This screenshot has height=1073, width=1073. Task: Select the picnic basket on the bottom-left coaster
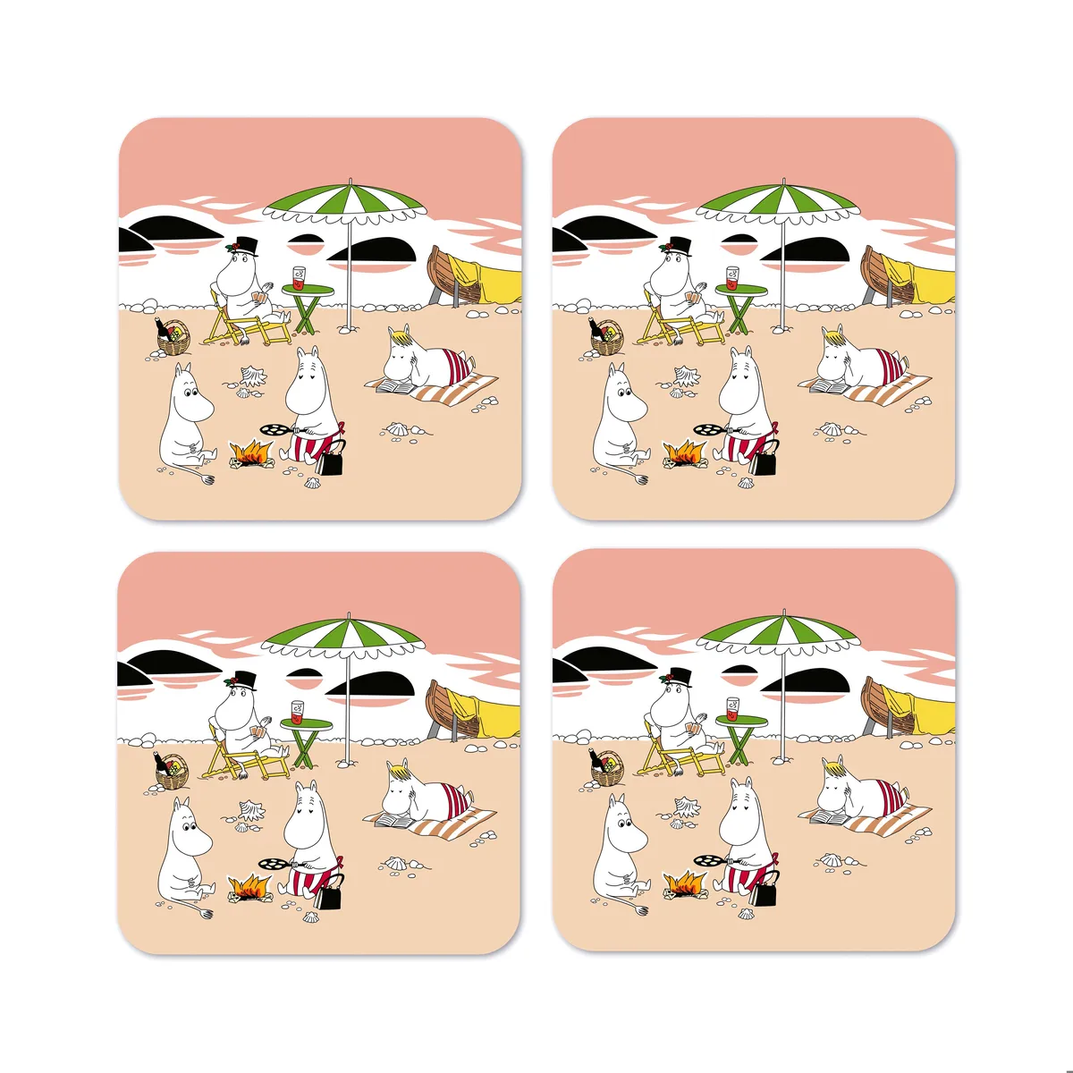171,772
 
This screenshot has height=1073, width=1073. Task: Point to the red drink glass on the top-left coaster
299,277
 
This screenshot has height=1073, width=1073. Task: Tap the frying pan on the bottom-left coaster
272,864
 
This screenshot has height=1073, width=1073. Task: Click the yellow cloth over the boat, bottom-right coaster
930,708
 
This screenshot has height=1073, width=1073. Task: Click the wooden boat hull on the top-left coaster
444,274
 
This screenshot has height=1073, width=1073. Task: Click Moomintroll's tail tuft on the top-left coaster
208,480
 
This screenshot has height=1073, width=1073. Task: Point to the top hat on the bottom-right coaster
678,677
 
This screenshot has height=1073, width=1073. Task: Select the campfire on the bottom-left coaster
250,887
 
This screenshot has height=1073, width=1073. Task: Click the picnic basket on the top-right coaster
606,337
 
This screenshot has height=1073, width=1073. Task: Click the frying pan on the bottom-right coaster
706,860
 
